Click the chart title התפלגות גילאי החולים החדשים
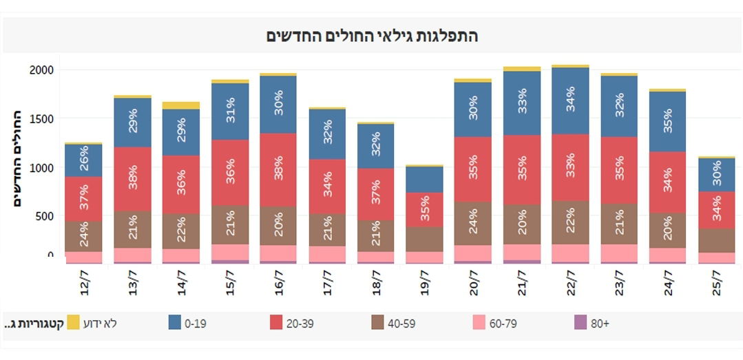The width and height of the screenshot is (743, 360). point(372,36)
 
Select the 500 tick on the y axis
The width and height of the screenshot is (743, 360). point(44,215)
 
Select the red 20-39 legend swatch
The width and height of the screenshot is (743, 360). point(276,323)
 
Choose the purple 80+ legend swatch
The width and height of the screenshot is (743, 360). point(579,323)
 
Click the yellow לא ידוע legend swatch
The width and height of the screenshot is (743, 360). point(73,323)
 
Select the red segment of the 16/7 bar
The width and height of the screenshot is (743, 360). point(278,169)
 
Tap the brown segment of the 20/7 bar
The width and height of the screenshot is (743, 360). point(472,223)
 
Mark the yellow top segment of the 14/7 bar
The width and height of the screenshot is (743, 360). point(181,105)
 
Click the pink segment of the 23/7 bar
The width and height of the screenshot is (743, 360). point(619,253)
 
